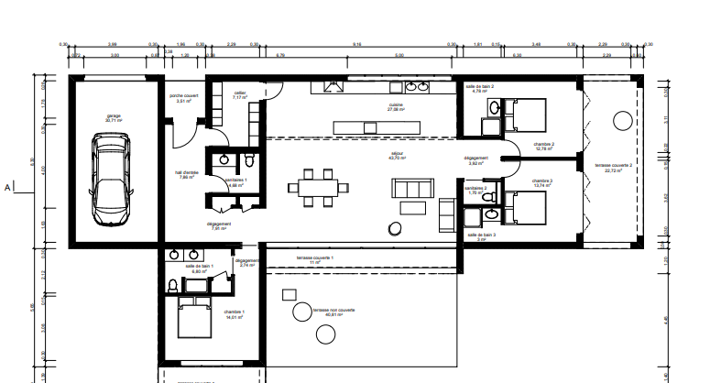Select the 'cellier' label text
(240, 94)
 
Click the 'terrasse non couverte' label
(333, 312)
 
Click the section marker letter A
(8, 188)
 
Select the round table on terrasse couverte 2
(622, 122)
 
